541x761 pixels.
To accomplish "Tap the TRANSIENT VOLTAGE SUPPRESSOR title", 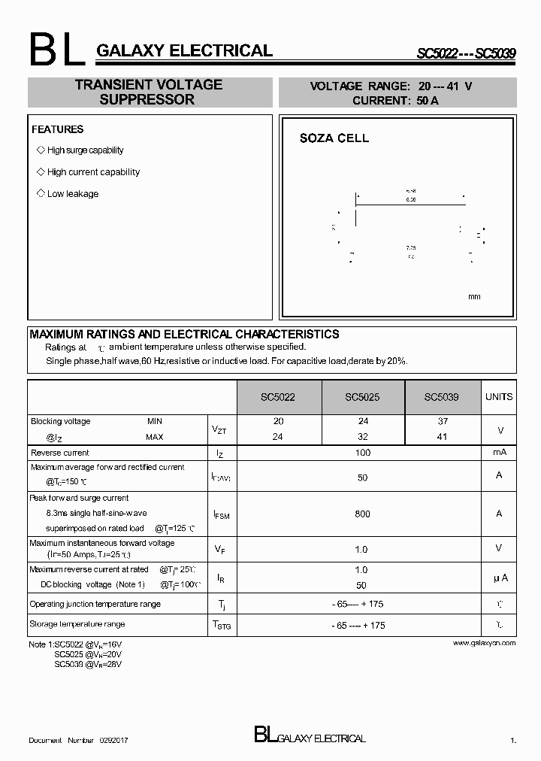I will [x=149, y=92].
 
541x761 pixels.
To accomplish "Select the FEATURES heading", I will [x=57, y=129].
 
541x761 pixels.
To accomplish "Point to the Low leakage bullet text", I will [x=73, y=194].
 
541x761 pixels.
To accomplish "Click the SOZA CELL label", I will [x=334, y=138].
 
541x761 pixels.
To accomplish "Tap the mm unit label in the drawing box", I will [x=474, y=297].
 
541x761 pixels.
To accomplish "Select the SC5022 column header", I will [x=278, y=397].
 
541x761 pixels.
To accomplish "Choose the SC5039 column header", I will [x=441, y=397].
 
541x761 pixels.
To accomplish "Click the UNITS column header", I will [x=499, y=396].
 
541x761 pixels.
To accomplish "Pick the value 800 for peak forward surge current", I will [x=362, y=514].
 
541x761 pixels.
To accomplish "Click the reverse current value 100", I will [x=362, y=453].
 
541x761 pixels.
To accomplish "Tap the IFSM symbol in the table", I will [x=222, y=514].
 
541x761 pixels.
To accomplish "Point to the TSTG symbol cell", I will [x=222, y=626].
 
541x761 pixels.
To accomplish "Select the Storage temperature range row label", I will [x=77, y=624].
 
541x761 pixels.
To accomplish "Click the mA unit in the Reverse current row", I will [x=499, y=453].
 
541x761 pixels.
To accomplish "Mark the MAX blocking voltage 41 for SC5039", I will [x=443, y=437].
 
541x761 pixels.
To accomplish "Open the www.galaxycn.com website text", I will [x=485, y=643].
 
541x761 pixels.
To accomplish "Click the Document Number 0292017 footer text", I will [x=78, y=741].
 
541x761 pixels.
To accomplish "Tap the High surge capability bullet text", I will [x=85, y=150].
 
